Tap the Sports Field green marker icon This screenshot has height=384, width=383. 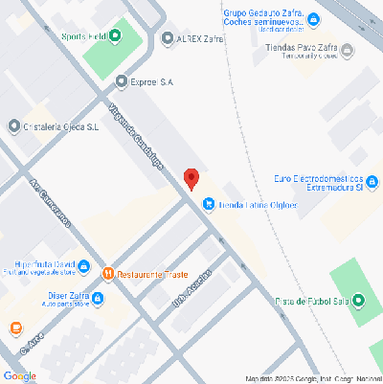[x=117, y=37]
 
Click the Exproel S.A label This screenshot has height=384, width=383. [x=151, y=82]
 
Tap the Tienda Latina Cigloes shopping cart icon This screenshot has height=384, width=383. [x=207, y=204]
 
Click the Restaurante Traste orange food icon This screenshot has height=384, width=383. [x=108, y=274]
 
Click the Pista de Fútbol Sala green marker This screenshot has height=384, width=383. [x=358, y=302]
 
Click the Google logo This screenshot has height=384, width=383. [x=20, y=375]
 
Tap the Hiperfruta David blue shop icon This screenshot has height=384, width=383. [x=84, y=266]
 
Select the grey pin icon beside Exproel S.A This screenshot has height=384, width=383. [x=121, y=82]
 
